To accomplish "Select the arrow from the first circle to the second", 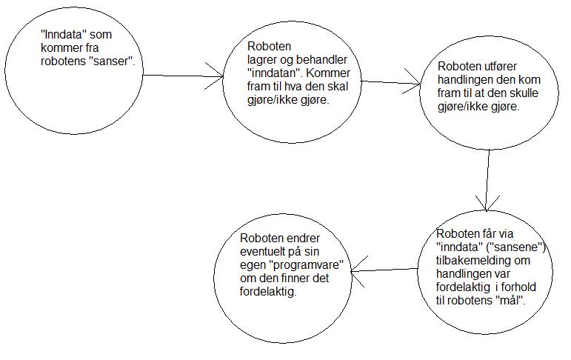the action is pyautogui.click(x=183, y=76).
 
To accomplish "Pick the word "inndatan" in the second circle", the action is pyautogui.click(x=274, y=73).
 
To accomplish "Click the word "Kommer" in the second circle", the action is pyautogui.click(x=328, y=73).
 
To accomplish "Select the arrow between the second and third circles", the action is pyautogui.click(x=391, y=83).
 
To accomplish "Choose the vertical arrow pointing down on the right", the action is pyautogui.click(x=487, y=180).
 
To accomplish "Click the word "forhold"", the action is pyautogui.click(x=518, y=287).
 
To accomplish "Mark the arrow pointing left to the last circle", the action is pyautogui.click(x=384, y=270).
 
